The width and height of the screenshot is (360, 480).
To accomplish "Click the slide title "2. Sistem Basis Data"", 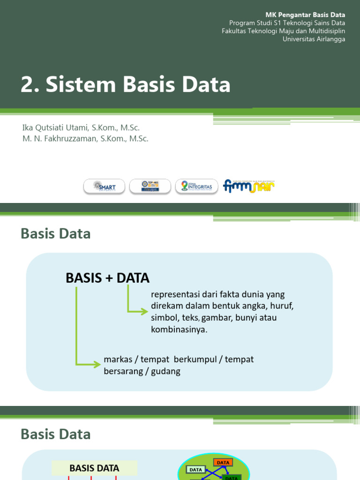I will pos(126,85).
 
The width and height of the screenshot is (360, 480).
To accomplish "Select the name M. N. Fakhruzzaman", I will pos(60,139).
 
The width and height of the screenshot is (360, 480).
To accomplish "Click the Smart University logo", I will pos(104,187).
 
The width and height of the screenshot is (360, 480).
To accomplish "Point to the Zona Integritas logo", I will pos(196,187).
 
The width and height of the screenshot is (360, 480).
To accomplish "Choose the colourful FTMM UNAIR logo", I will pos(249,186).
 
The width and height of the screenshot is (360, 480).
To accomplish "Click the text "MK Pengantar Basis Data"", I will pos(305,15).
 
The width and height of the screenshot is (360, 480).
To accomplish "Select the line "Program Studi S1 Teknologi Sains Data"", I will pos(287,23).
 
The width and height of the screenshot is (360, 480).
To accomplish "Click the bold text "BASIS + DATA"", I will pos(107,278).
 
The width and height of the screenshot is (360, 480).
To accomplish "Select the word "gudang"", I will pos(167,371).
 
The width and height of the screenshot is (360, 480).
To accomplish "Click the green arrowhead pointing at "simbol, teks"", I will pos(143,310).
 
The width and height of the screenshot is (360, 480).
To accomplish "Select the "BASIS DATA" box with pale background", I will pos(94,468).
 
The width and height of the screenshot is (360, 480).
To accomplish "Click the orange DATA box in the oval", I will pos(224,463).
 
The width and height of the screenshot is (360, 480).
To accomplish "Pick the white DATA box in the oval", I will pos(196,469).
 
